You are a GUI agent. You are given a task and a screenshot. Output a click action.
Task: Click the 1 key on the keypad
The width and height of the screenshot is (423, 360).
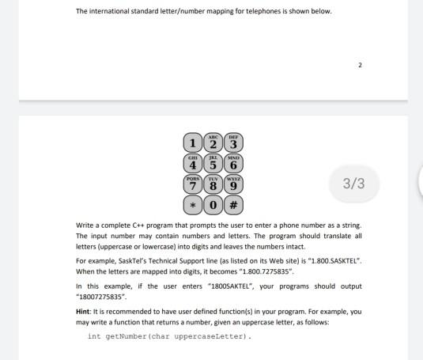click(191, 144)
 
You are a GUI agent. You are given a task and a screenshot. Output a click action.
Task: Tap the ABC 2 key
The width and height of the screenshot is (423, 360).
click(212, 142)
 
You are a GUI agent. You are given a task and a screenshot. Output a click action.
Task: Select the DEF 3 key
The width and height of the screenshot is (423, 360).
click(232, 142)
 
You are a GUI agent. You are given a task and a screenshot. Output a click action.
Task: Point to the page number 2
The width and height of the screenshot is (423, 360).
click(360, 65)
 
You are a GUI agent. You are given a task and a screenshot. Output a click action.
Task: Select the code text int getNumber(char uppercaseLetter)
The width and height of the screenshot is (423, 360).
click(169, 336)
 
